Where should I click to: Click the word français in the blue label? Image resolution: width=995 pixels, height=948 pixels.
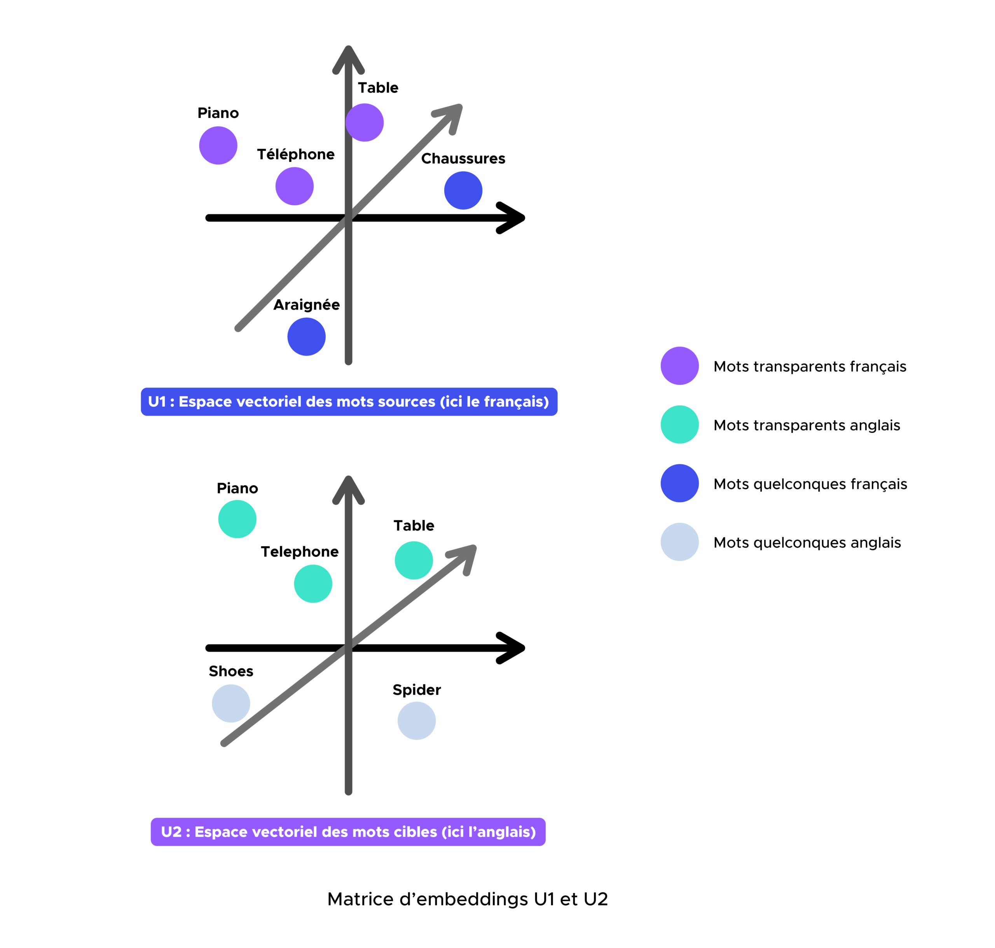click(x=511, y=402)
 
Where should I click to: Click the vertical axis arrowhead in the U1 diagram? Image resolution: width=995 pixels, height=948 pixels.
click(x=349, y=58)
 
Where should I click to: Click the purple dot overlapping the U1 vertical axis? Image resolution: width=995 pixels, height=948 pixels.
click(x=365, y=122)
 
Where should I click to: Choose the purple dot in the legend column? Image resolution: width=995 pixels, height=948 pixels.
click(x=679, y=366)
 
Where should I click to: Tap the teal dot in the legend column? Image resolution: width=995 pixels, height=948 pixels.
click(x=679, y=425)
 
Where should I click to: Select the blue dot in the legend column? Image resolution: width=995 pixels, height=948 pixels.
click(x=679, y=483)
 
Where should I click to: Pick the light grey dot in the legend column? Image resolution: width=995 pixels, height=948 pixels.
click(x=679, y=542)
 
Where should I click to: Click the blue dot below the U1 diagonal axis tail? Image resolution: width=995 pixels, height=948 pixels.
click(x=307, y=337)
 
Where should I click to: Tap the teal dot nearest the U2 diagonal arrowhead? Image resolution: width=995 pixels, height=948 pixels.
click(x=414, y=560)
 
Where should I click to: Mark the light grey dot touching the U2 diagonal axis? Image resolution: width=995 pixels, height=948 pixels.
click(x=231, y=703)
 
